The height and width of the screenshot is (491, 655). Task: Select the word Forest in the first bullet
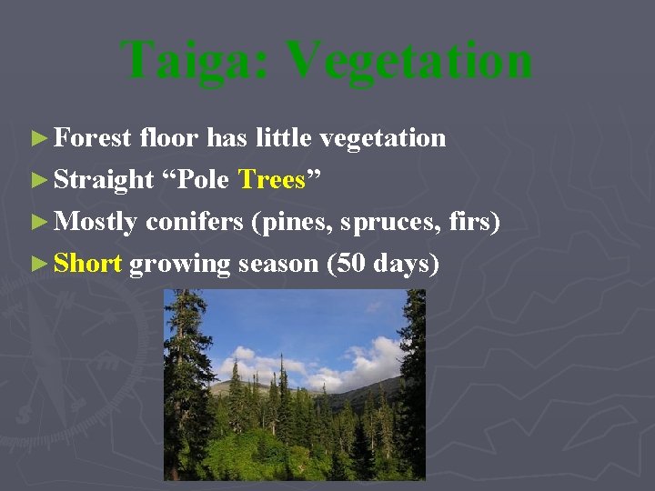tap(93, 138)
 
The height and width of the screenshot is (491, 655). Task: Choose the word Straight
tap(104, 181)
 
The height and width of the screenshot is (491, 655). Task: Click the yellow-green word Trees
tap(271, 180)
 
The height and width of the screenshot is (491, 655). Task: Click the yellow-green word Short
tap(87, 264)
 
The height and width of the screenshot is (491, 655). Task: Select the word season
tap(277, 265)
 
